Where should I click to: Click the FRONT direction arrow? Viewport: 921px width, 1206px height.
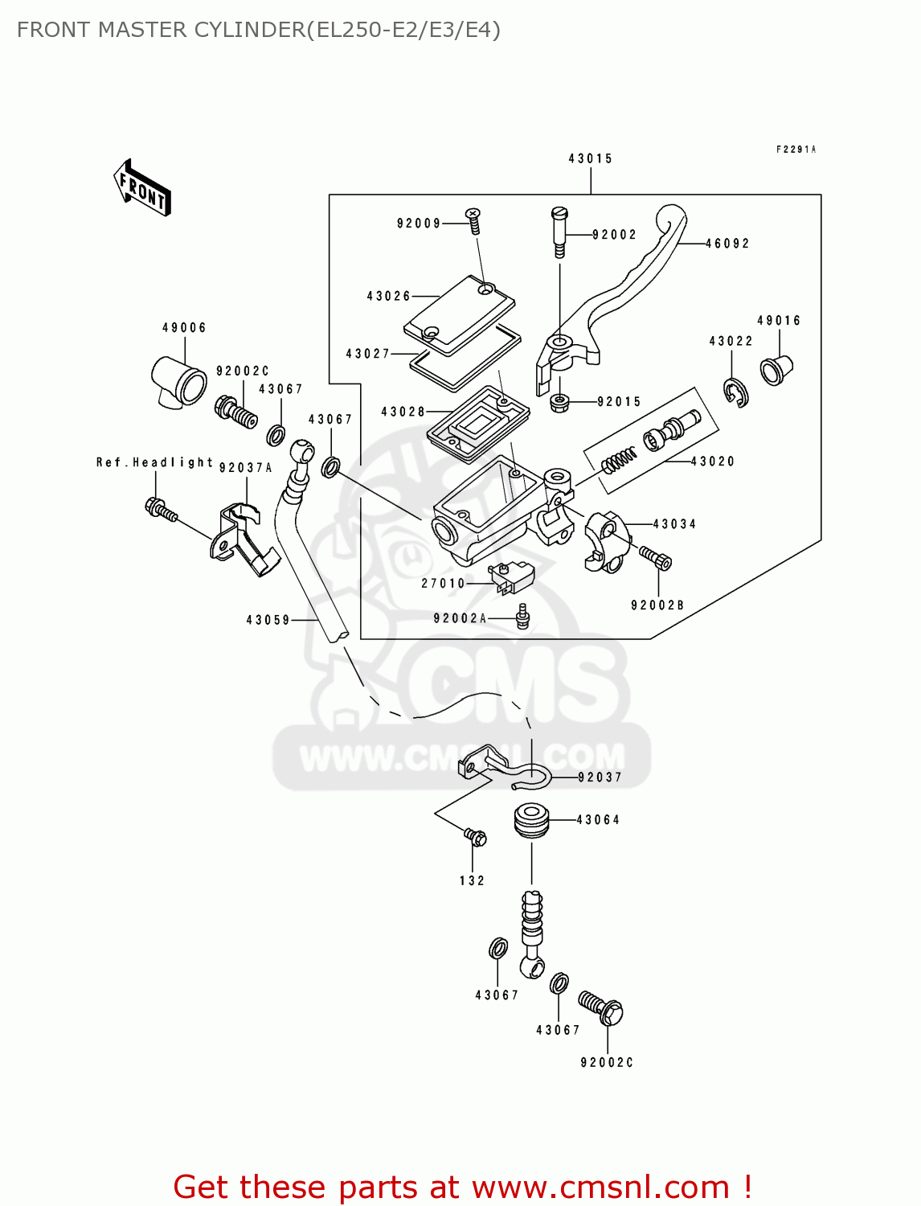click(142, 188)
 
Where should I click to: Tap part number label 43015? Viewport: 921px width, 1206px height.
click(591, 158)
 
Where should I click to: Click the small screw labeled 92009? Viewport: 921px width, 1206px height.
click(473, 219)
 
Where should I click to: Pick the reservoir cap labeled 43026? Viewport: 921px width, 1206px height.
click(460, 314)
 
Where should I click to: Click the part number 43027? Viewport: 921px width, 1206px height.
click(367, 354)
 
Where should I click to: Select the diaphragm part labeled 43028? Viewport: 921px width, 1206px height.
click(477, 423)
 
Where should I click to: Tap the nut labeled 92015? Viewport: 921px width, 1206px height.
click(559, 401)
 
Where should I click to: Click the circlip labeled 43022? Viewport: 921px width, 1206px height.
click(735, 392)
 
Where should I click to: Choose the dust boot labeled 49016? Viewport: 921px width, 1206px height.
click(776, 370)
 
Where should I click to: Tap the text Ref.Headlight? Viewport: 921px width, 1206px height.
click(154, 462)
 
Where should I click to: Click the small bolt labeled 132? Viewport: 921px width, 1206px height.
click(476, 838)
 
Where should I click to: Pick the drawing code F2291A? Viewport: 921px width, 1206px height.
click(796, 150)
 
